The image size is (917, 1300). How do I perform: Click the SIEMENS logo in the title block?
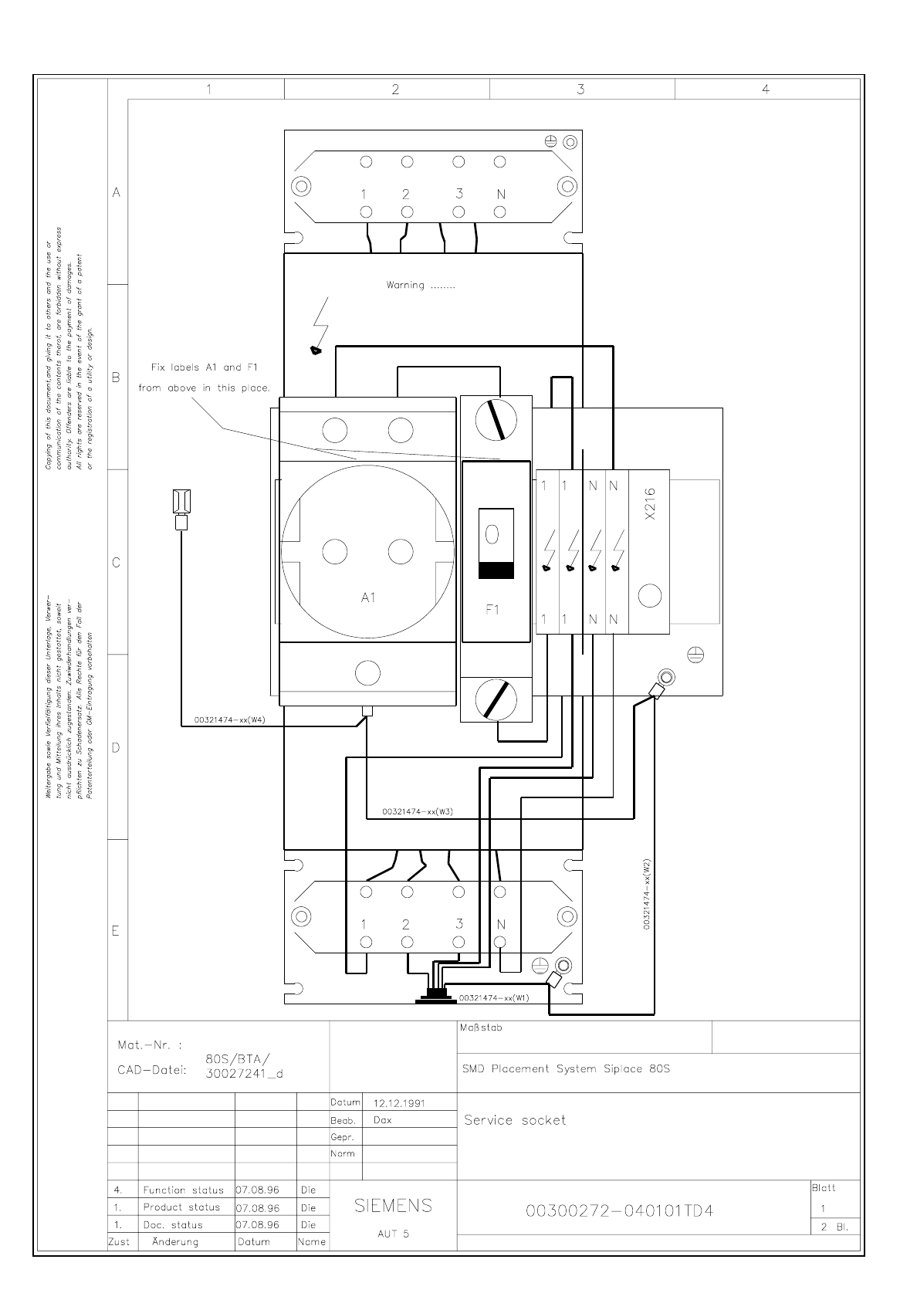click(393, 1205)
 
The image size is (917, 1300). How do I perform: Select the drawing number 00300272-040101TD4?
click(619, 1210)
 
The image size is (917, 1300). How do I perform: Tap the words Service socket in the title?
click(514, 1120)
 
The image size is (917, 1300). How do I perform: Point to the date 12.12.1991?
click(399, 1103)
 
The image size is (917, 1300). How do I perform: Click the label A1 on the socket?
click(367, 598)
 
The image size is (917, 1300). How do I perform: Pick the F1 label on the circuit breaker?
click(492, 610)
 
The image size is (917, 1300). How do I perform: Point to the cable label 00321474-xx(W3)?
click(417, 811)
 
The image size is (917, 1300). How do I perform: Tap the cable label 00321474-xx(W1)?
click(494, 997)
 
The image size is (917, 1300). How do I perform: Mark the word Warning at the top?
click(405, 285)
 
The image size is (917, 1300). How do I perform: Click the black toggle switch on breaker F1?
click(496, 570)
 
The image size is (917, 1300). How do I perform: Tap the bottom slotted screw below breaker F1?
click(496, 699)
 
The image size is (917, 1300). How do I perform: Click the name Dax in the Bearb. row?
click(382, 1120)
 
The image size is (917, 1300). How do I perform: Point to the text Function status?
click(183, 1190)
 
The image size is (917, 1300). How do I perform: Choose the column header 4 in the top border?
click(765, 89)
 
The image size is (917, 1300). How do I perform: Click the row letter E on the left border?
click(116, 931)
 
